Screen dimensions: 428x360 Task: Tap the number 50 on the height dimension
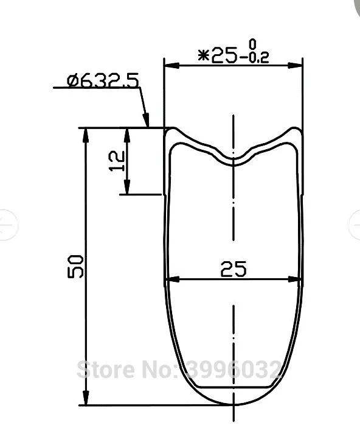[x=76, y=266]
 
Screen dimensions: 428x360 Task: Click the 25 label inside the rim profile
[x=234, y=268]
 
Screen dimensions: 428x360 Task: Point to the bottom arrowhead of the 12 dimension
[x=126, y=189]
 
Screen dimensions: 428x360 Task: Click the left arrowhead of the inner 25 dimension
[x=171, y=281]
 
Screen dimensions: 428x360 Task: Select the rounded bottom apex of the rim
[x=234, y=405]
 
